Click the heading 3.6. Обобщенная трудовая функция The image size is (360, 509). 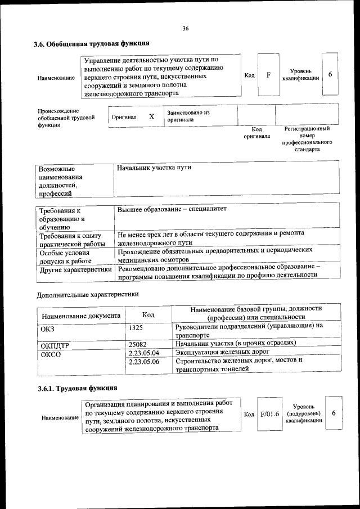tap(92, 43)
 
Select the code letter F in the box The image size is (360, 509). tap(268, 75)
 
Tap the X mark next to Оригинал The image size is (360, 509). tap(151, 117)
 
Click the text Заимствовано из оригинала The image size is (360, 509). tap(188, 116)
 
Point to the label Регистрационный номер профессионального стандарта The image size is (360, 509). tap(307, 139)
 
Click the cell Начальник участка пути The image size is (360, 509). tap(154, 168)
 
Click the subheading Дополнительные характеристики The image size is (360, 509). tap(87, 294)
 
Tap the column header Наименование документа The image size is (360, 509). tap(81, 316)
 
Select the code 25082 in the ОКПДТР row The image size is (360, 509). tap(138, 344)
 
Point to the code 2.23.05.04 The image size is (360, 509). tap(144, 353)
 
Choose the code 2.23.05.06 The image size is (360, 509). tap(144, 362)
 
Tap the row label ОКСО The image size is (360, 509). tap(51, 354)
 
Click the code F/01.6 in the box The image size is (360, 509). tap(270, 414)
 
